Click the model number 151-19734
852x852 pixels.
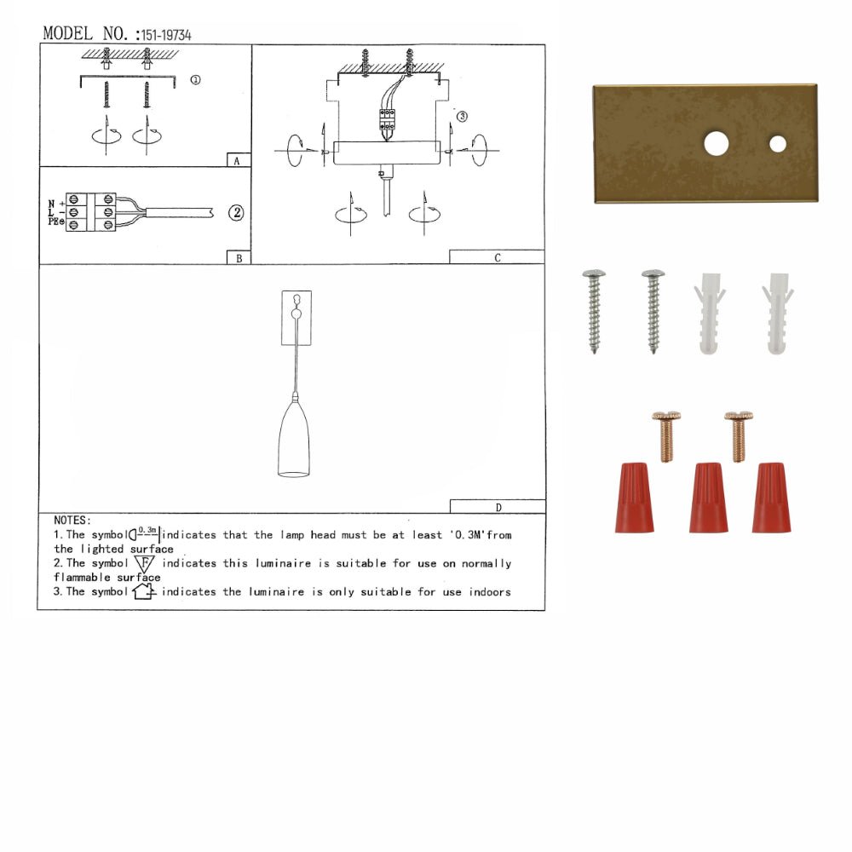point(167,35)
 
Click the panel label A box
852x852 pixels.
point(238,160)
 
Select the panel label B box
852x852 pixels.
point(238,257)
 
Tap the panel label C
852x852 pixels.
point(497,257)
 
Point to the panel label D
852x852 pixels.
point(498,507)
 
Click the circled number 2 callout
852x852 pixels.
point(236,213)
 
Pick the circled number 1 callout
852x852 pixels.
point(195,80)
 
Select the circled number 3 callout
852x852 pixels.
point(462,117)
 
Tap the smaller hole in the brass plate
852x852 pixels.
point(778,144)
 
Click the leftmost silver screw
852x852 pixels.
point(594,311)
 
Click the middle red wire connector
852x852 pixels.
point(708,498)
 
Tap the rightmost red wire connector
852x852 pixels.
point(771,498)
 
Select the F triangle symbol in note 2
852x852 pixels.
point(144,564)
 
